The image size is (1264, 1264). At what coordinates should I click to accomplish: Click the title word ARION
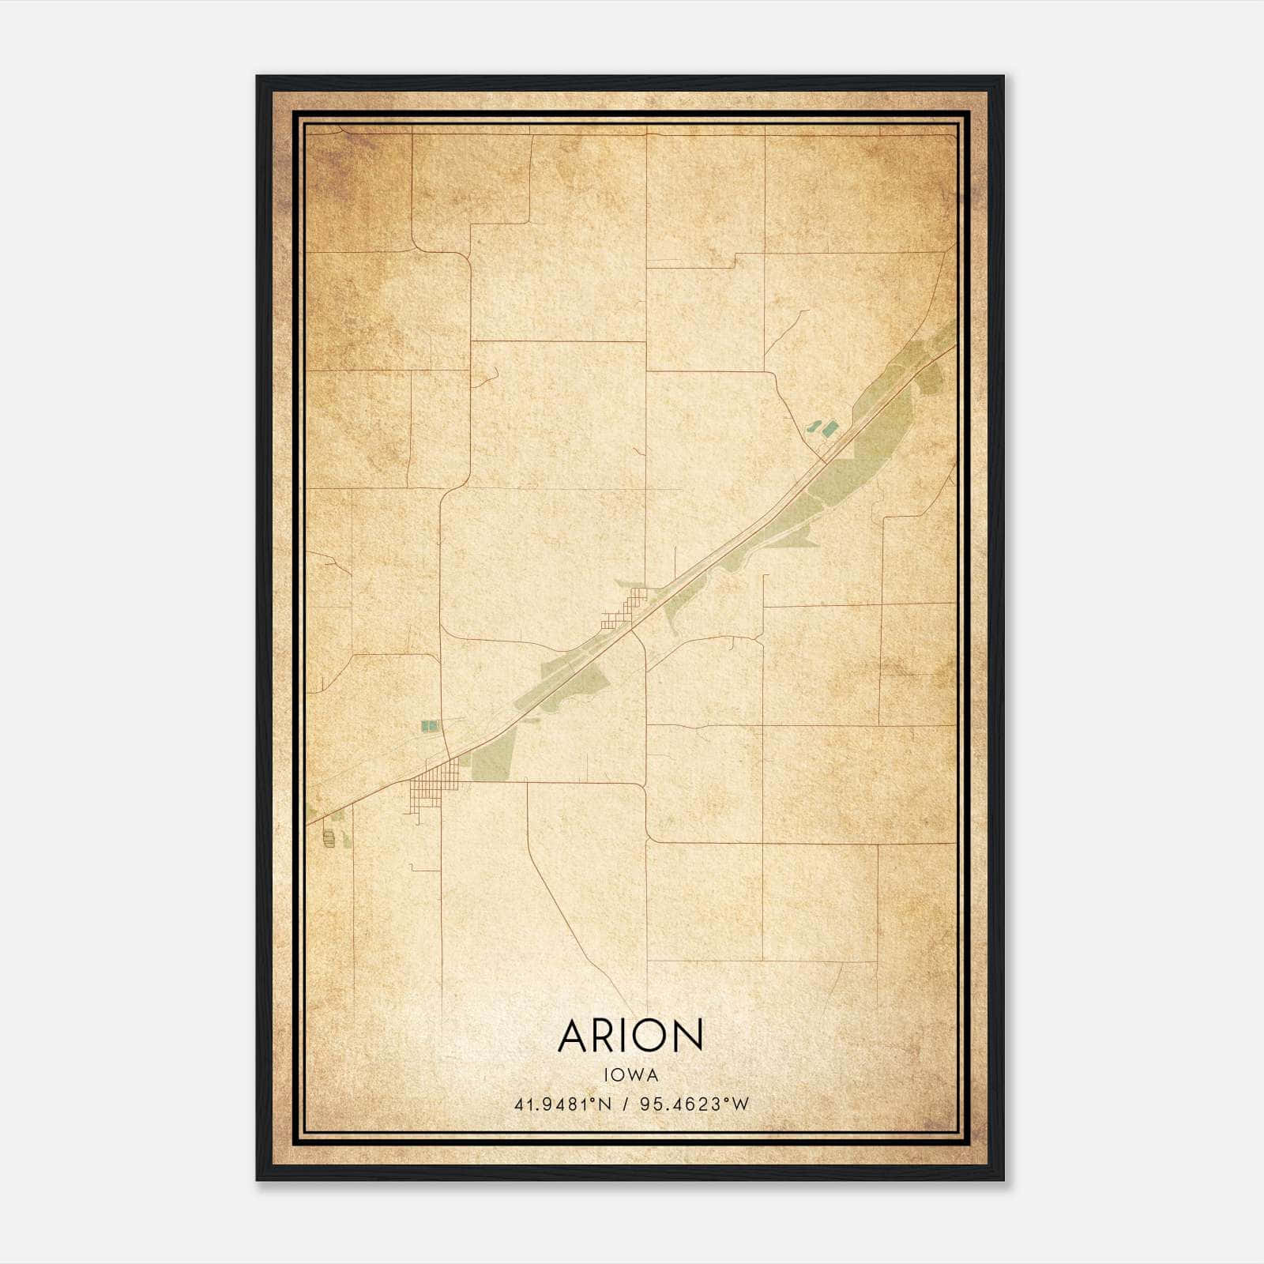(630, 1035)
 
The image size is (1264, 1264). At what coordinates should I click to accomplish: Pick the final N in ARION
(688, 1036)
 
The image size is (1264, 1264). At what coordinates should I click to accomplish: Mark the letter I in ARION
(626, 1036)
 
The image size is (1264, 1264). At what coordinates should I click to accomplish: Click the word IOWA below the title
(630, 1074)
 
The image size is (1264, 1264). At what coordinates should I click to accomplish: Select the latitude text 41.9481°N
(562, 1104)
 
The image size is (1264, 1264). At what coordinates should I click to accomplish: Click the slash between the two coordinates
(626, 1104)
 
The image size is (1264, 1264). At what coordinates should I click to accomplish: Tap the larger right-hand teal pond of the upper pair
(829, 429)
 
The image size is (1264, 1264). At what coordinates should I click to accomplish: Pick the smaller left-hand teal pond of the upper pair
(813, 427)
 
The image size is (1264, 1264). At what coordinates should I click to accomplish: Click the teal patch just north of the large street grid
(429, 725)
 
